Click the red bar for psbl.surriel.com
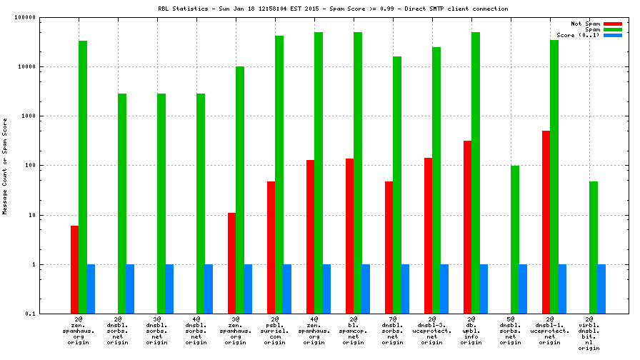point(271,247)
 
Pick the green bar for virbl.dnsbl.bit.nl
point(593,247)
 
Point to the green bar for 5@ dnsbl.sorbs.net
point(514,239)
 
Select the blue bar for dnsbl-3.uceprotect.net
point(444,289)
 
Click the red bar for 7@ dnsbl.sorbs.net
point(389,247)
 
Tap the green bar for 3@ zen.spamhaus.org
point(240,190)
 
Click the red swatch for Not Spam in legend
point(612,24)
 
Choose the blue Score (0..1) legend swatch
point(612,35)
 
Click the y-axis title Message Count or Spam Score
point(6,166)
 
